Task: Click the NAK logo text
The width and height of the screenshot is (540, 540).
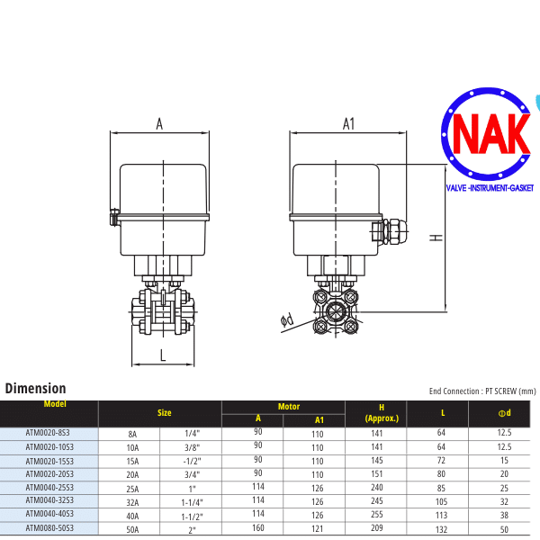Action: click(x=491, y=133)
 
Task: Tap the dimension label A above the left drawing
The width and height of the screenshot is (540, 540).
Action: click(x=159, y=124)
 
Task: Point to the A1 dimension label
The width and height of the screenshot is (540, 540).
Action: click(x=348, y=124)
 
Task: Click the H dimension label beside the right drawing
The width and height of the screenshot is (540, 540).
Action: click(x=436, y=238)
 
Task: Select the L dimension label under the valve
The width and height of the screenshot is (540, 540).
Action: click(x=163, y=355)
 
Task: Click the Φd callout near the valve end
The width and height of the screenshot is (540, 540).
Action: click(x=287, y=320)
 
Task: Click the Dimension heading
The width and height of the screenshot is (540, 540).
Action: click(x=35, y=389)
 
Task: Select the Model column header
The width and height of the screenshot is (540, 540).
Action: click(x=55, y=404)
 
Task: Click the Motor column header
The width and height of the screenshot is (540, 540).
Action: click(x=289, y=407)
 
